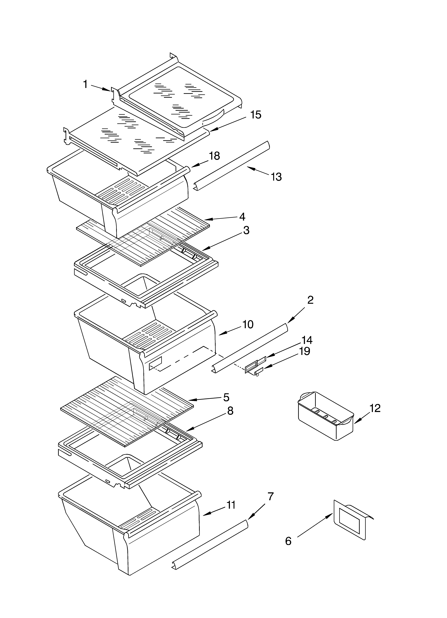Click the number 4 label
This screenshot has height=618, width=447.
242,217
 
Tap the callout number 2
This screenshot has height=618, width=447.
310,300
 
